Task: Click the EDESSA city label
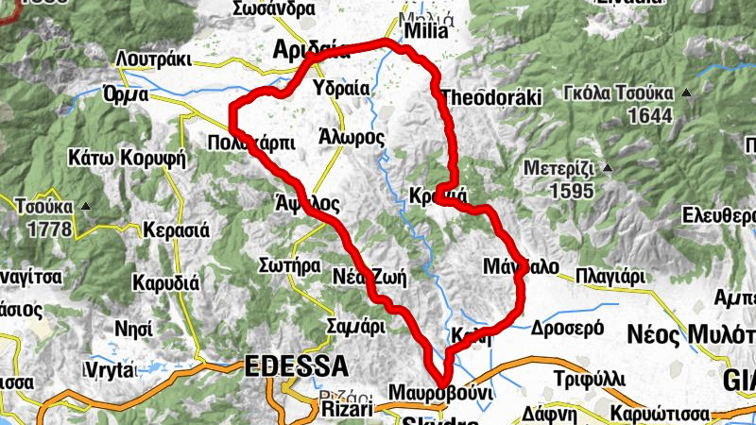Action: tap(296, 365)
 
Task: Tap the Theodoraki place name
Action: tap(490, 97)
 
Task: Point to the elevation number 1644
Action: tap(654, 116)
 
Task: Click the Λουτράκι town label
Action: tap(153, 59)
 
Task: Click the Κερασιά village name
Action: tap(175, 229)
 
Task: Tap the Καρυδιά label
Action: tap(165, 282)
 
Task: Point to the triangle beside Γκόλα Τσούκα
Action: tap(686, 93)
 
